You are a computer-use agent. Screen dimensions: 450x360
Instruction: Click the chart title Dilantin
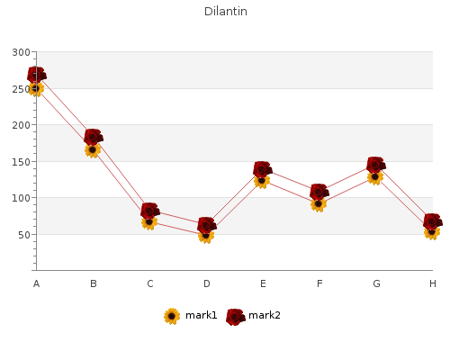[x=226, y=12]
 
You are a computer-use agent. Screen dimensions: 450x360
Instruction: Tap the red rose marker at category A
[x=37, y=75]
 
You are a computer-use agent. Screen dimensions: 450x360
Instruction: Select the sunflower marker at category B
[x=93, y=149]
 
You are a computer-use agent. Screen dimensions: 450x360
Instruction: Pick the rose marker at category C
[x=150, y=211]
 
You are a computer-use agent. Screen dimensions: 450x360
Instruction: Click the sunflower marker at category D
[x=206, y=236]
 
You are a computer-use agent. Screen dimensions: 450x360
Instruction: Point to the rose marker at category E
[x=263, y=169]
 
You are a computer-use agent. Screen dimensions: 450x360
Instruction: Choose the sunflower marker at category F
[x=319, y=204]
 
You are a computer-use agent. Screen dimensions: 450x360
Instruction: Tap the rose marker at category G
[x=376, y=165]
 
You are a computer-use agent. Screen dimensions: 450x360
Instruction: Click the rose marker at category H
[x=433, y=221]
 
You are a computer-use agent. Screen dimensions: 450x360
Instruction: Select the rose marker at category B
[x=94, y=137]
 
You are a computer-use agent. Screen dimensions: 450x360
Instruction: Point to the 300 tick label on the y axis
[x=21, y=52]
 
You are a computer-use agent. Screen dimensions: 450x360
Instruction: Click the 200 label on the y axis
[x=21, y=125]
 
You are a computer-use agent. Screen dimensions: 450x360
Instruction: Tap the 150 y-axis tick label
[x=21, y=162]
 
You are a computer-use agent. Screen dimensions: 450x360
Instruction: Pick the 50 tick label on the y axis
[x=24, y=235]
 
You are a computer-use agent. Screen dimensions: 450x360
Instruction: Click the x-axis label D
[x=206, y=283]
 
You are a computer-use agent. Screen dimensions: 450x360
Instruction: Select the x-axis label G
[x=376, y=283]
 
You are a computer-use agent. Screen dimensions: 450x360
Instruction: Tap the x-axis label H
[x=433, y=283]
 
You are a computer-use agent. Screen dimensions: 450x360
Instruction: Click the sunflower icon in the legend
[x=172, y=316]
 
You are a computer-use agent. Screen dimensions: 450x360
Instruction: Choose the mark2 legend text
[x=265, y=315]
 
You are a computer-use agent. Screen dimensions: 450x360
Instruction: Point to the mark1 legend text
[x=201, y=315]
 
